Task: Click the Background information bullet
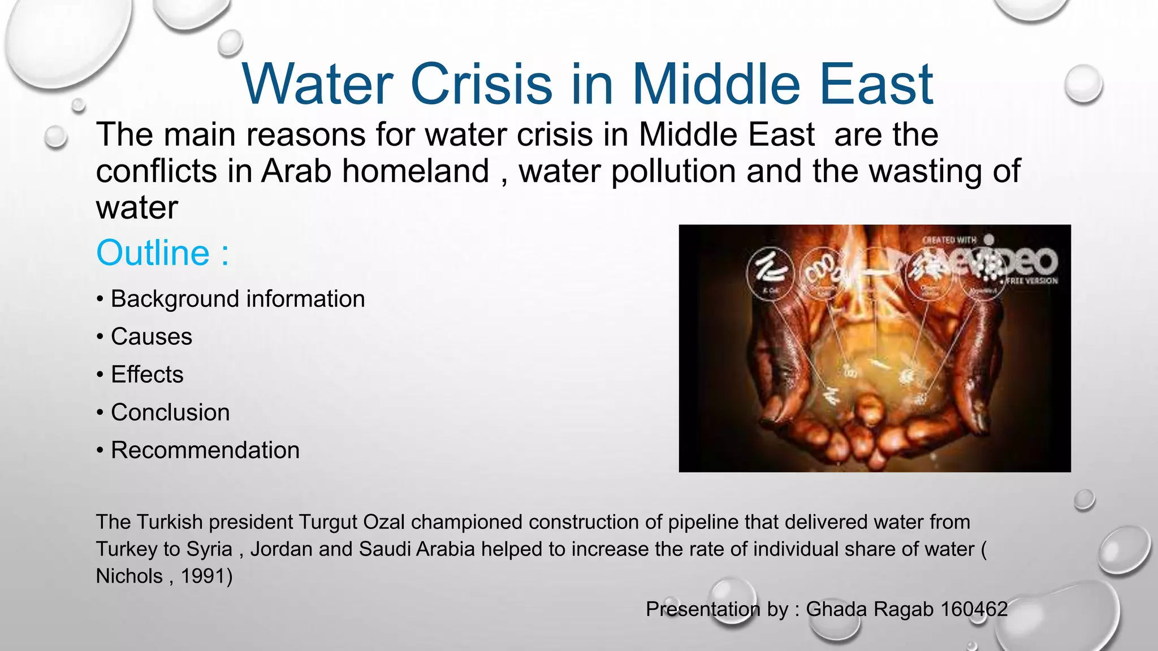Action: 237,299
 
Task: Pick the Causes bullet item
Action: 151,337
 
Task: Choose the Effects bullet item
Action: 147,375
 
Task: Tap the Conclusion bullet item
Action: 170,413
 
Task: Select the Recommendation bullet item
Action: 205,450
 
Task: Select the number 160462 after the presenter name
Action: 974,609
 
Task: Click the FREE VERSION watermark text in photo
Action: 1031,280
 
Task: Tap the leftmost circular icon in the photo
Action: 770,272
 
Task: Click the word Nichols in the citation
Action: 129,576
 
